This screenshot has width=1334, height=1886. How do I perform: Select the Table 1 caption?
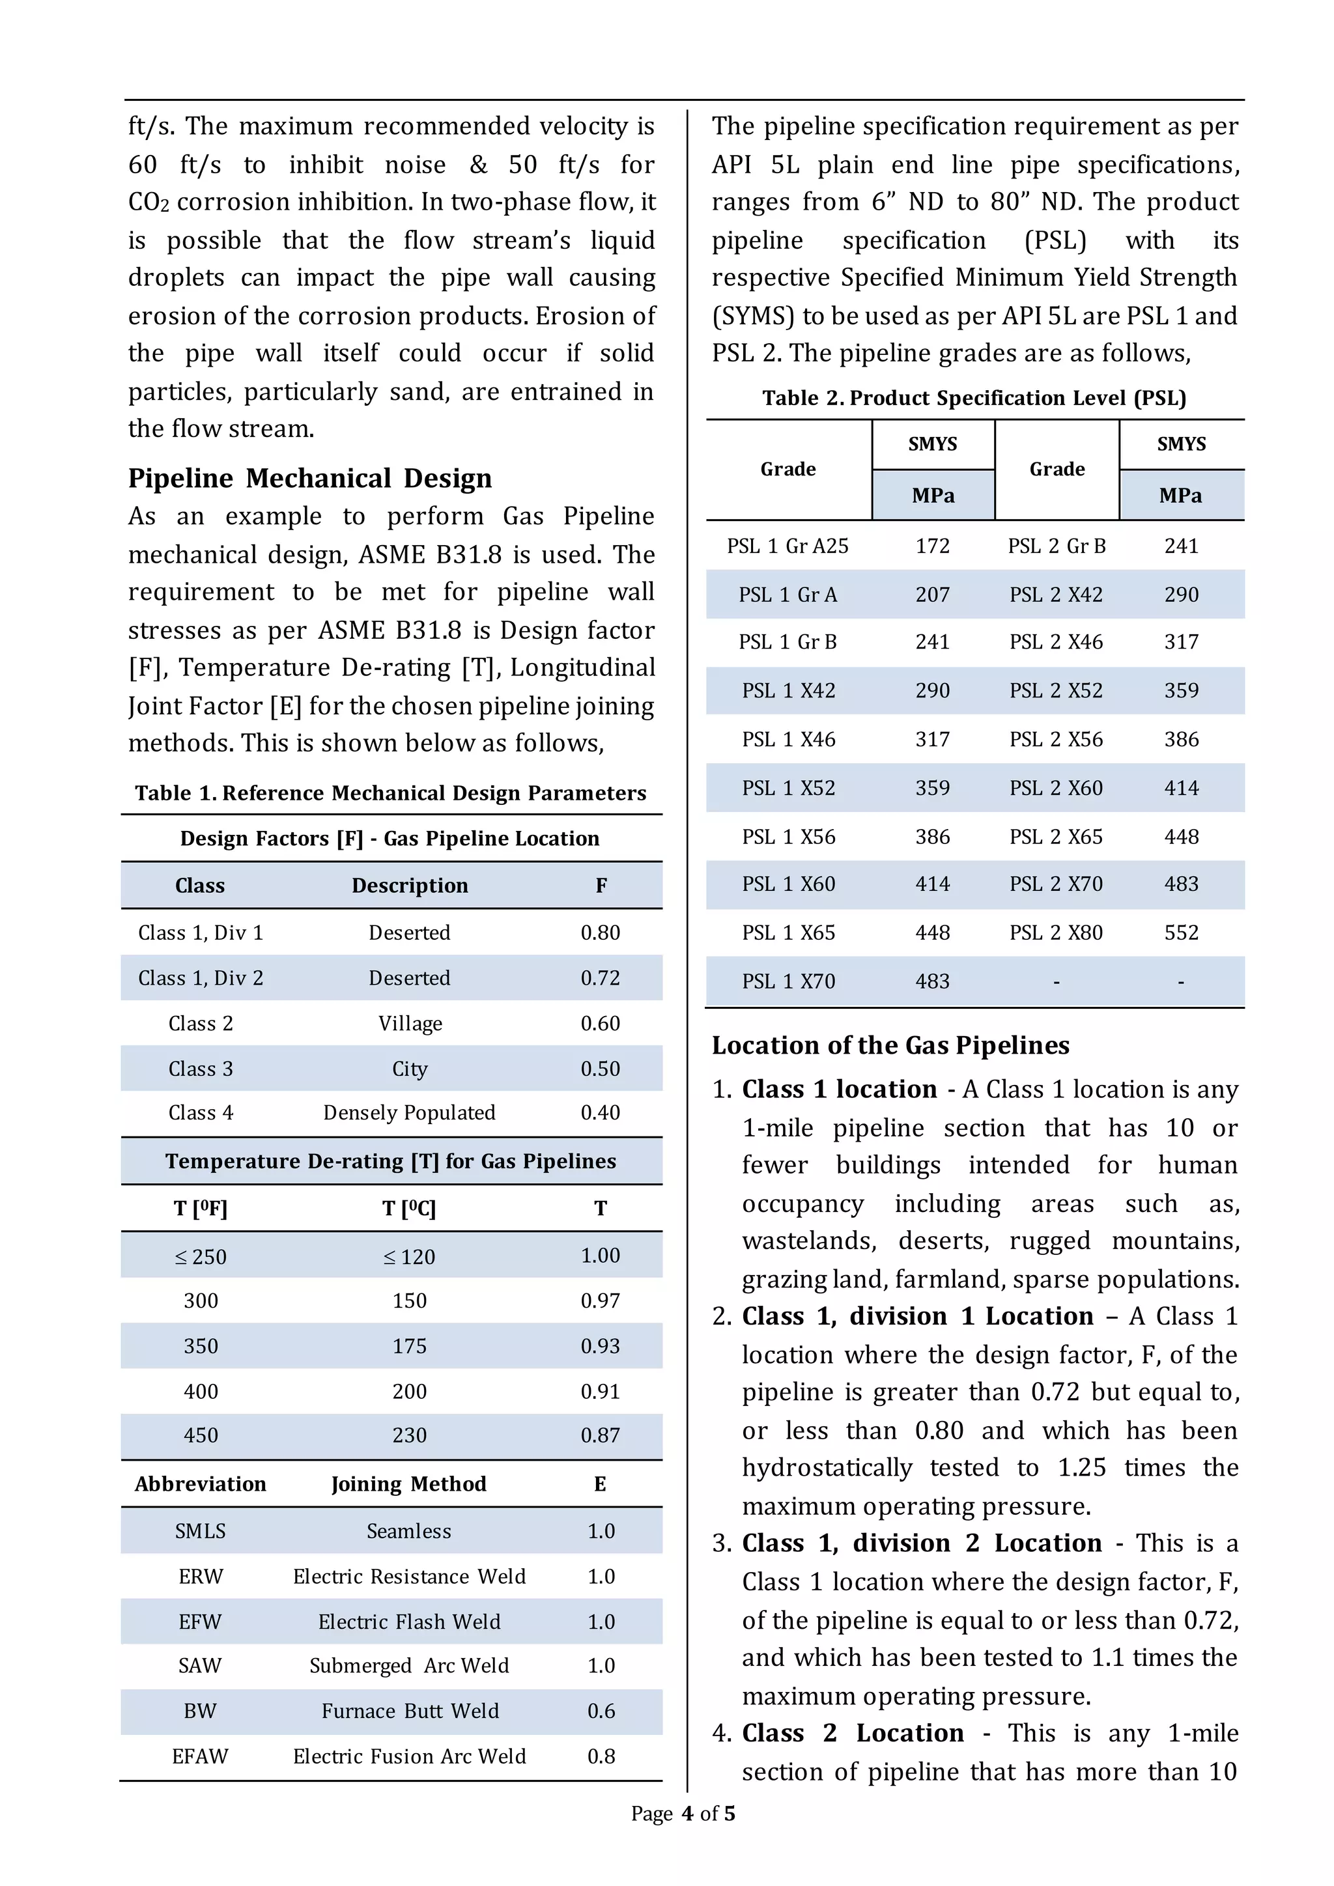point(390,793)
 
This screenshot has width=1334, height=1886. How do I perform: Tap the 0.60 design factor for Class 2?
point(600,1024)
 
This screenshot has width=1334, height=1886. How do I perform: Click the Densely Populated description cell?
point(409,1112)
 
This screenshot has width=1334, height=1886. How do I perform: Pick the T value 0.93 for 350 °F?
point(600,1345)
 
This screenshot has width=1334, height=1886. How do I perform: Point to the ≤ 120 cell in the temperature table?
point(409,1257)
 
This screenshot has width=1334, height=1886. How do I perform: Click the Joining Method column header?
point(408,1484)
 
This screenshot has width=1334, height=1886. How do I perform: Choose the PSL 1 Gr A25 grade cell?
point(787,546)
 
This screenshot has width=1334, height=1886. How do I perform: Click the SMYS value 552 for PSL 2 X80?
point(1180,933)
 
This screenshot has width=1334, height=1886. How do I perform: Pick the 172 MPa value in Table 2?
point(932,546)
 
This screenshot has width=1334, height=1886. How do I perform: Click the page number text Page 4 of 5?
point(682,1813)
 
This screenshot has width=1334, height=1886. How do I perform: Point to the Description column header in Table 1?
point(409,886)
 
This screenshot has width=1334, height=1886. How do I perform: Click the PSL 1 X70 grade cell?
point(788,981)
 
